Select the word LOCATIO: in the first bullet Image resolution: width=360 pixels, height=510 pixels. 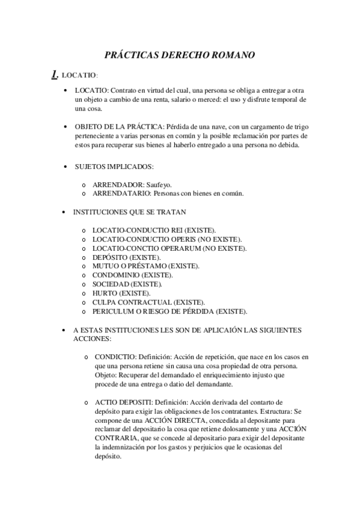[x=92, y=90]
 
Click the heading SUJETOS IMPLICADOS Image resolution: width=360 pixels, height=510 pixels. [x=115, y=165]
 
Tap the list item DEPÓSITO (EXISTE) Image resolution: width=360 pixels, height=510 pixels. [x=118, y=257]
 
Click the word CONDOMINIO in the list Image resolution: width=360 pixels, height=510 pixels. [x=113, y=274]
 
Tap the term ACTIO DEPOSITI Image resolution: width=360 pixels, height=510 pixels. [x=119, y=401]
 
